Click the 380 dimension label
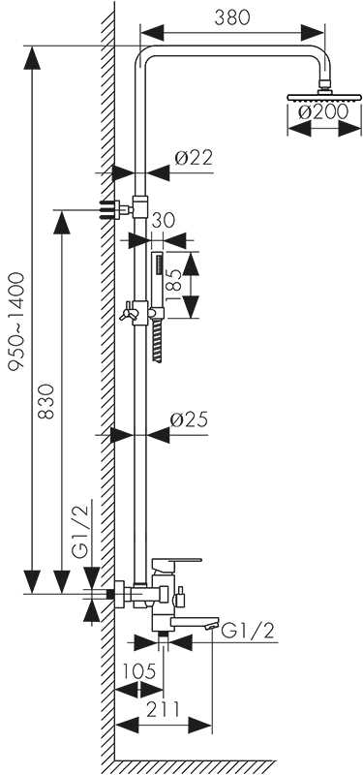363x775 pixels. tap(232, 17)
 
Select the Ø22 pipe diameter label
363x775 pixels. tap(195, 158)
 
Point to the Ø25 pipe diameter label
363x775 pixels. tap(189, 419)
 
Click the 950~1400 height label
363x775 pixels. tap(16, 322)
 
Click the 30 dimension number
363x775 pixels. tap(164, 221)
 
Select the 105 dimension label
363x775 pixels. tap(138, 671)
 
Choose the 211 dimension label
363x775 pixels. tap(163, 709)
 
